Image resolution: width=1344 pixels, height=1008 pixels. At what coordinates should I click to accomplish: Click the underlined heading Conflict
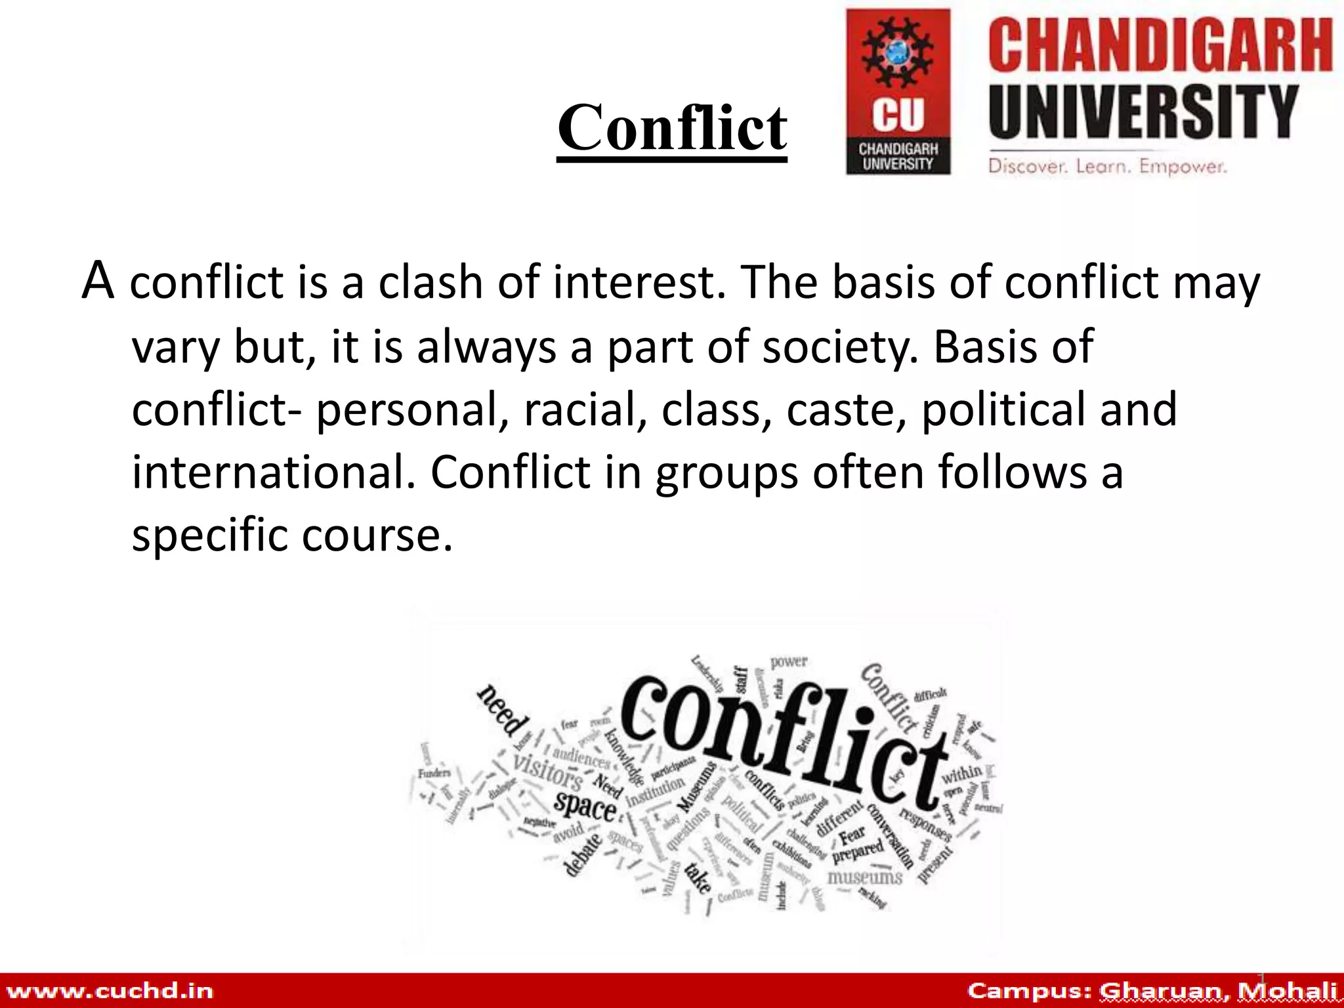pyautogui.click(x=672, y=128)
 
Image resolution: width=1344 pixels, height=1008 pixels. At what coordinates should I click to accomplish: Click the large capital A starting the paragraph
pyautogui.click(x=98, y=281)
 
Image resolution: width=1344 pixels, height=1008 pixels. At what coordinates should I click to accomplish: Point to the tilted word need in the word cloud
pyautogui.click(x=503, y=711)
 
